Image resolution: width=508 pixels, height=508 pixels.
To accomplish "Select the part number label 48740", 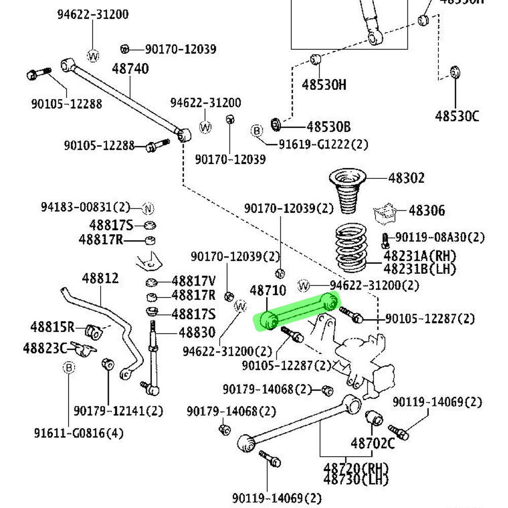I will point(131,69).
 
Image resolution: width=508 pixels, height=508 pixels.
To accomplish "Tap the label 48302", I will point(406,178).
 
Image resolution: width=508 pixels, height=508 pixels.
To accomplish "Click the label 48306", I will point(427,210).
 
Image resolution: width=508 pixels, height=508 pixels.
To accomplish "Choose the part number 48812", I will point(101,278).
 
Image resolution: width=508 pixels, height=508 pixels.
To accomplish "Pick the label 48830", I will point(197,333).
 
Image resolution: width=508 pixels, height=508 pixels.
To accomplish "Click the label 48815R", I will point(52,327).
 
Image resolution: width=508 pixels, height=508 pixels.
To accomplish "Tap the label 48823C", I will point(45,348).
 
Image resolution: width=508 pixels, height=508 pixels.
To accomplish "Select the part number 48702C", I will point(372,443).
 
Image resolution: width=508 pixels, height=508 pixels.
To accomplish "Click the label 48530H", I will point(324,84).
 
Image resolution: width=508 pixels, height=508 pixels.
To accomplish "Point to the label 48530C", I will point(457,116).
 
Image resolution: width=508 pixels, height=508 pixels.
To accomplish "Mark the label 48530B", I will point(329,126).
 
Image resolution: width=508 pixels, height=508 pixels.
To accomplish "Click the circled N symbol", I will point(148,208).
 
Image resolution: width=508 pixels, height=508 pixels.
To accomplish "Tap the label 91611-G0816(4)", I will point(79,433).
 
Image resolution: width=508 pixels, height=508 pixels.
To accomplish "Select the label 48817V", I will point(194,280).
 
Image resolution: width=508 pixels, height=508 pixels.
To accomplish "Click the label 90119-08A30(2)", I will point(440,237).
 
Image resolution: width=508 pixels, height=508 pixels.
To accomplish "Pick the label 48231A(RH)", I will point(420,256).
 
